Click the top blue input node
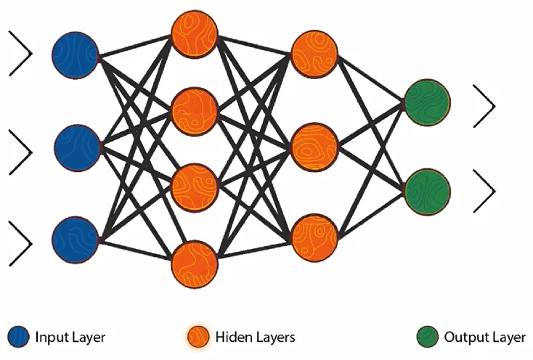[76, 56]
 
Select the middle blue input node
[78, 148]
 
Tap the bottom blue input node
[76, 240]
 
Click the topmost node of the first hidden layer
[195, 34]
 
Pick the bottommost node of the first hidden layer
[195, 264]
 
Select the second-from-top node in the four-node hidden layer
[195, 112]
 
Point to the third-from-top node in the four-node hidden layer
[195, 188]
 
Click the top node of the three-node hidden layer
[314, 54]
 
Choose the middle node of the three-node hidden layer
[314, 147]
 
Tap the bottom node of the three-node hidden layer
[314, 237]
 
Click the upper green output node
[427, 102]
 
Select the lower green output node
[427, 192]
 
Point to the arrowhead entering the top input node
[20, 53]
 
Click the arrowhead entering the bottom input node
[20, 244]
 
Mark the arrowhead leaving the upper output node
[484, 106]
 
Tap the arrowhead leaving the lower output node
[484, 192]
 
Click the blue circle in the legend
[19, 337]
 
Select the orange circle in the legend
[198, 337]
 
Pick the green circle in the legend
[427, 337]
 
